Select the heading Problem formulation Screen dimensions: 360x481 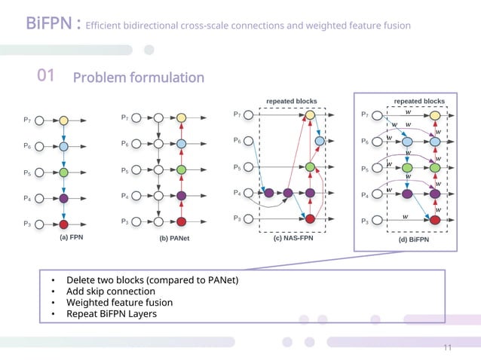pos(138,78)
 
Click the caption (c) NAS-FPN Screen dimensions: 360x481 pos(293,238)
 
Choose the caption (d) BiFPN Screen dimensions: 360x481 pos(413,239)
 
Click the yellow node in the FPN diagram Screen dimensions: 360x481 pos(64,120)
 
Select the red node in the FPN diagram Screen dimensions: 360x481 pos(64,224)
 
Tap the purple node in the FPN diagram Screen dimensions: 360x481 pos(64,198)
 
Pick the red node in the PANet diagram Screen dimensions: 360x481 pos(181,221)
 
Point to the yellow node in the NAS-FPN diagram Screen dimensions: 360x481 pos(310,115)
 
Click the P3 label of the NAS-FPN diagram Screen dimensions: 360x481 pos(237,218)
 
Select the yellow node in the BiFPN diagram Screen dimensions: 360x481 pos(435,116)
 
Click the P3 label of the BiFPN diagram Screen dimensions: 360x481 pos(366,220)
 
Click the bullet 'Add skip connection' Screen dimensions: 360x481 pos(110,291)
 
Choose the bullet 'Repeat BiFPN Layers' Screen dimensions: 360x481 pos(112,313)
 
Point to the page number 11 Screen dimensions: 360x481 pos(447,348)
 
